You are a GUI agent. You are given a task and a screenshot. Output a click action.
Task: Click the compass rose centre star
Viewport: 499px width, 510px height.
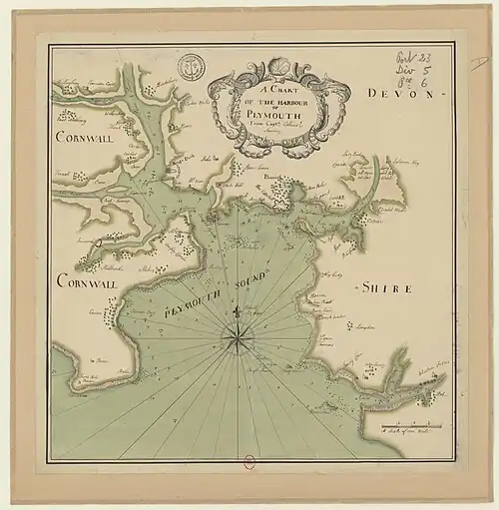[237, 339]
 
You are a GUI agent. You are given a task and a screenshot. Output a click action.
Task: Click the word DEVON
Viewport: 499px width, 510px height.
[398, 93]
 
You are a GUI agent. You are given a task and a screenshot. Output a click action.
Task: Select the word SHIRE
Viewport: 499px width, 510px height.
[381, 288]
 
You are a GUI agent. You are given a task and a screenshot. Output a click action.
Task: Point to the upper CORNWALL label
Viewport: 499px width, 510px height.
[88, 136]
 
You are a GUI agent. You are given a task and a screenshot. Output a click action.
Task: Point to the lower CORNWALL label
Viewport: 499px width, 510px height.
[89, 283]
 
